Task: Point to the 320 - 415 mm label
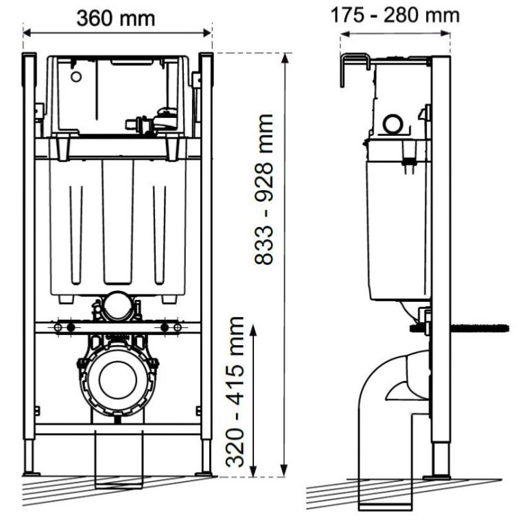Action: (x=237, y=392)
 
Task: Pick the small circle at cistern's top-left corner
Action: (x=75, y=75)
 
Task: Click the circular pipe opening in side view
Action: (x=393, y=124)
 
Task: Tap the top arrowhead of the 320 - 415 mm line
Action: (x=255, y=330)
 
